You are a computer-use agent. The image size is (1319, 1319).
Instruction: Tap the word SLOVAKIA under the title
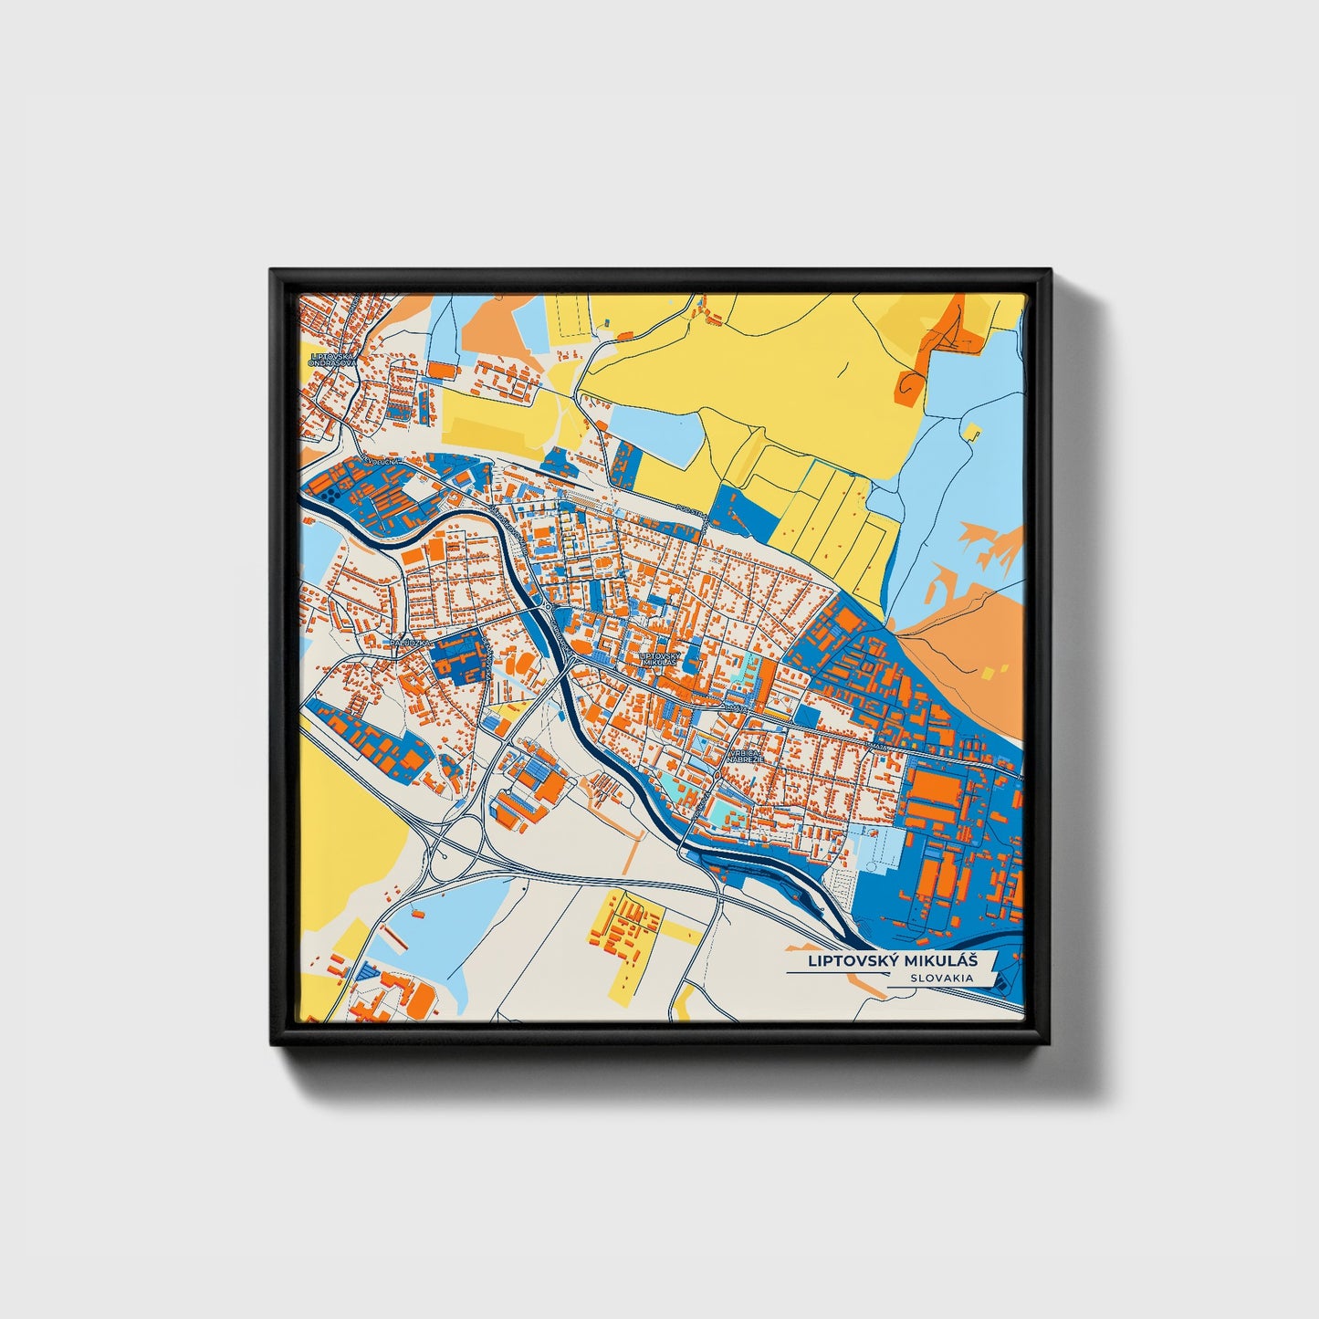pos(940,978)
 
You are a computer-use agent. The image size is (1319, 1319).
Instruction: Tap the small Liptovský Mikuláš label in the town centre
pos(659,658)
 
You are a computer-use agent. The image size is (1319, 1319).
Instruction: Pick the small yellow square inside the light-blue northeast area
pos(973,431)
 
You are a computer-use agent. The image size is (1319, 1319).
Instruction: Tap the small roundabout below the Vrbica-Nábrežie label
pos(718,776)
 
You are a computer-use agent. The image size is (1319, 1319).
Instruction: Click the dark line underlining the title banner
pos(835,973)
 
